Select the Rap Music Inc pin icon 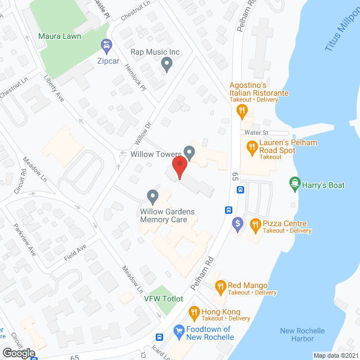pyautogui.click(x=166, y=65)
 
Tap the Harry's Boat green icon pyautogui.click(x=294, y=182)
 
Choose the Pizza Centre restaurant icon pyautogui.click(x=255, y=226)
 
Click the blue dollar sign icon pyautogui.click(x=238, y=224)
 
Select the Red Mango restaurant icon pyautogui.click(x=220, y=287)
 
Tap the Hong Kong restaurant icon pyautogui.click(x=194, y=312)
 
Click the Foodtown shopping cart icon pyautogui.click(x=179, y=331)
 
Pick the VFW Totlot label pyautogui.click(x=164, y=299)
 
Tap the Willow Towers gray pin pyautogui.click(x=190, y=152)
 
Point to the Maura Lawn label pyautogui.click(x=60, y=37)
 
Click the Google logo pyautogui.click(x=18, y=353)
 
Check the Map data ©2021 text pyautogui.click(x=335, y=355)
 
